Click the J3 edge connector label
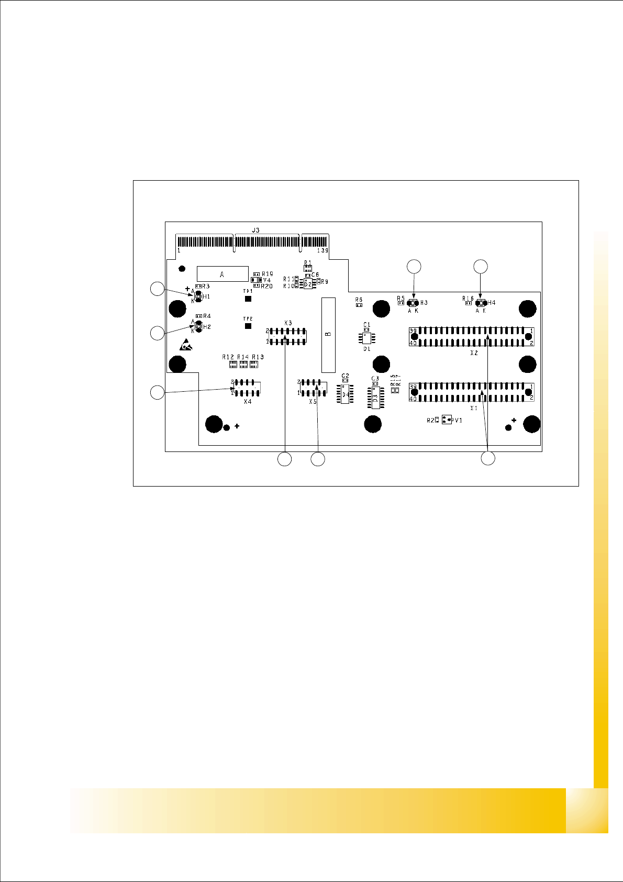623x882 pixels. (x=255, y=230)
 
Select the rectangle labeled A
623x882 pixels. (x=222, y=274)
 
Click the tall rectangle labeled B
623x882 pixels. (x=328, y=335)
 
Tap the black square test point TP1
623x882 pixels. (x=248, y=299)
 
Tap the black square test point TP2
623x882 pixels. (x=248, y=326)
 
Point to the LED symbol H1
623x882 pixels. (x=198, y=297)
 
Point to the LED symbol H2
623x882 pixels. (x=198, y=327)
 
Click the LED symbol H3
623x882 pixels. (x=414, y=303)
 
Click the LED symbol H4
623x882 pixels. (x=480, y=303)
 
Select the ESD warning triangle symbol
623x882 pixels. (x=185, y=345)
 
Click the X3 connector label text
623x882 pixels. (x=288, y=323)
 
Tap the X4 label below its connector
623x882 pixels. (x=248, y=402)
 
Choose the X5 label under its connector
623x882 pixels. (x=313, y=401)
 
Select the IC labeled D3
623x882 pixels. (x=375, y=398)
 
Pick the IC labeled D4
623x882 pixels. (x=344, y=394)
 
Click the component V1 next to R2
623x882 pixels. (x=446, y=420)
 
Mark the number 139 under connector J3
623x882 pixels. (x=322, y=251)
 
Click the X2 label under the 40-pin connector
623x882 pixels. (x=474, y=353)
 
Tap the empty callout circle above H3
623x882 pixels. (x=414, y=267)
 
